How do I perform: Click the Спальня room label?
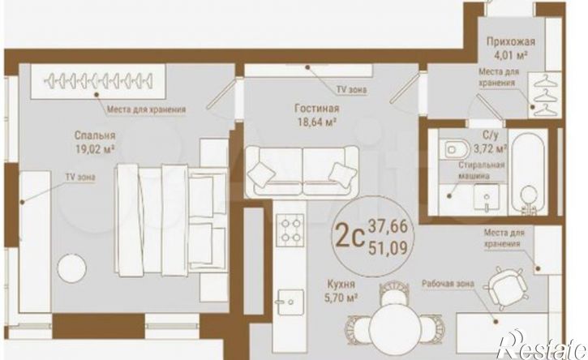click(95, 135)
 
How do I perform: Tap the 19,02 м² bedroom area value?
click(95, 150)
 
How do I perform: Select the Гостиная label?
click(317, 109)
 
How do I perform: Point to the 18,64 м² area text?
click(316, 122)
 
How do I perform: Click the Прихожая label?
click(511, 41)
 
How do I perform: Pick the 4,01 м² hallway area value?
click(512, 56)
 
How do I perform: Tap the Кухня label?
click(341, 285)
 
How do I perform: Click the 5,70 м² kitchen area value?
click(341, 298)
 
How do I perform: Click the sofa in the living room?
click(302, 172)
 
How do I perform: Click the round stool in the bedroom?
click(72, 268)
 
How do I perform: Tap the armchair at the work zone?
click(505, 288)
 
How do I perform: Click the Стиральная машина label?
click(482, 170)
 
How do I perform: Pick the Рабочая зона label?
click(448, 284)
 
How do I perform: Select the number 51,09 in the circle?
click(388, 248)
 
